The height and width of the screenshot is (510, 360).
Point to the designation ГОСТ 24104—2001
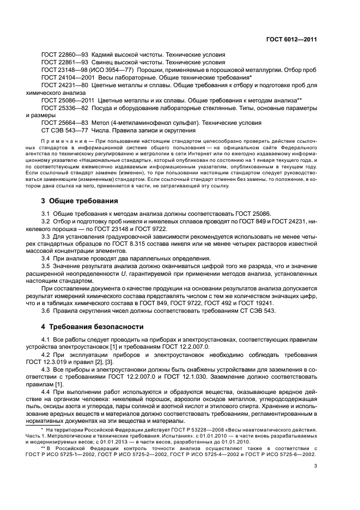65,78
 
